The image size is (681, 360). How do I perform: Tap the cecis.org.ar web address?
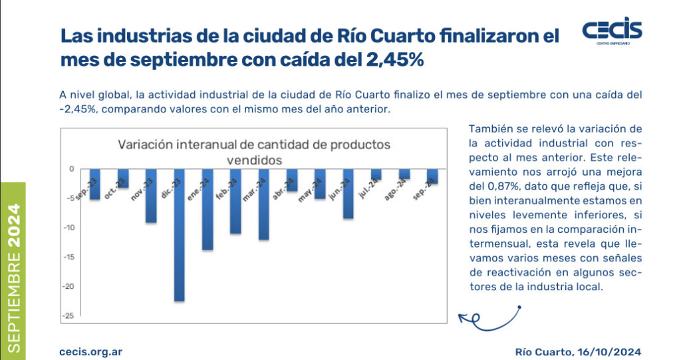90,351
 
